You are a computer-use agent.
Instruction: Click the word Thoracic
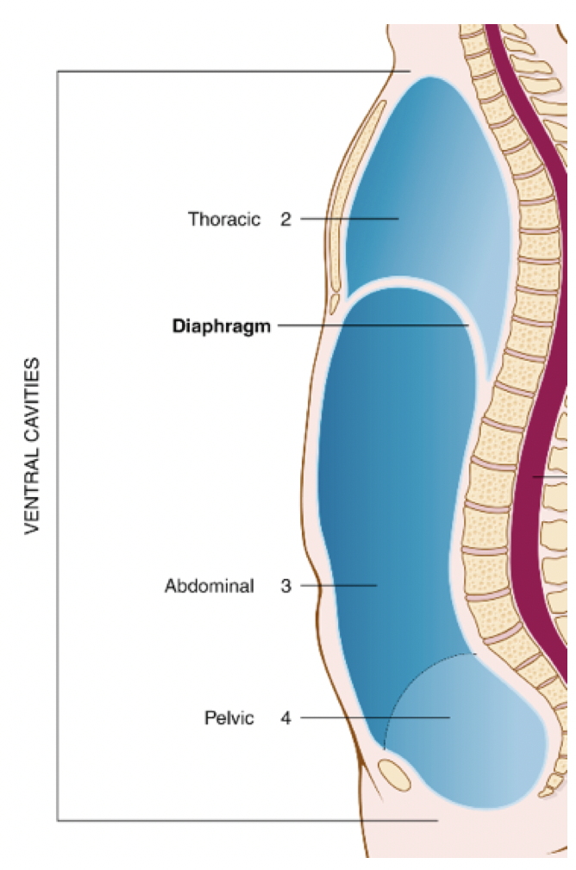pyautogui.click(x=224, y=219)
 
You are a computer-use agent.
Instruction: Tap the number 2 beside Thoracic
pyautogui.click(x=285, y=219)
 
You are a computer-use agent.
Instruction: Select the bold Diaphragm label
pyautogui.click(x=222, y=326)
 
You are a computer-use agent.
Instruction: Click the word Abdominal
pyautogui.click(x=210, y=587)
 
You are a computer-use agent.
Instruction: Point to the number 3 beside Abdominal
pyautogui.click(x=285, y=587)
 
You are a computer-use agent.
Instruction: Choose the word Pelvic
pyautogui.click(x=229, y=718)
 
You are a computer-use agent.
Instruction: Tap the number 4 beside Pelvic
pyautogui.click(x=285, y=718)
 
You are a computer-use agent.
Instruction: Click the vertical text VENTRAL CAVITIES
pyautogui.click(x=33, y=446)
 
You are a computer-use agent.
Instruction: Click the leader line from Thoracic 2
pyautogui.click(x=349, y=219)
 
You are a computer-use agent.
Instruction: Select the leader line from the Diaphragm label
pyautogui.click(x=371, y=326)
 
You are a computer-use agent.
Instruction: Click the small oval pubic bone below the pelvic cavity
pyautogui.click(x=395, y=772)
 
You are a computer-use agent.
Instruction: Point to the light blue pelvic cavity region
pyautogui.click(x=483, y=741)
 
